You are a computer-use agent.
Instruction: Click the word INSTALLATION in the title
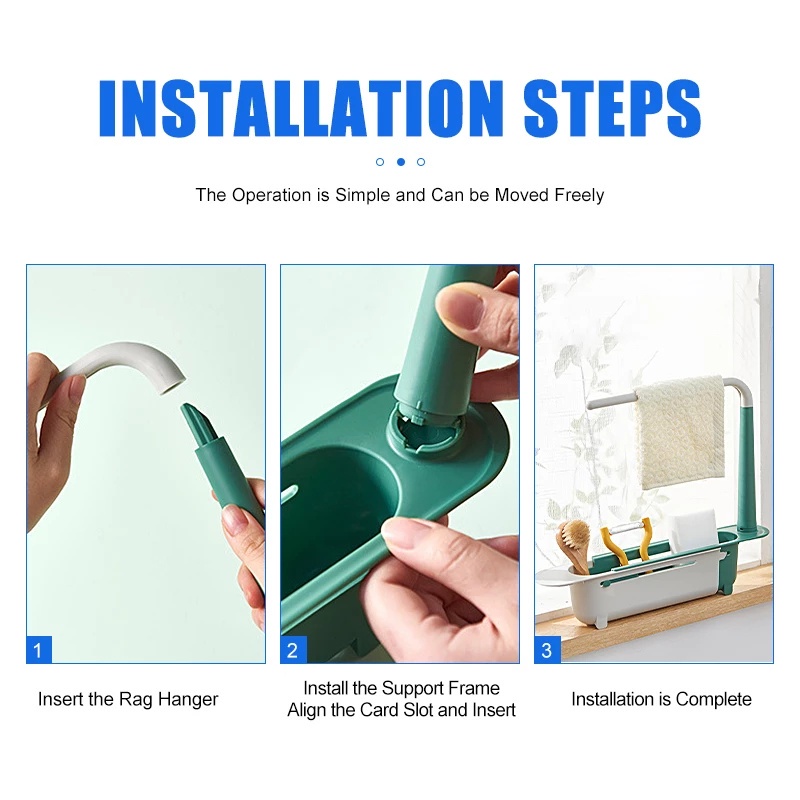[x=302, y=108]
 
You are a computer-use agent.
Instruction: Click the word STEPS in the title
[x=612, y=108]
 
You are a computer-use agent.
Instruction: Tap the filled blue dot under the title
[x=401, y=162]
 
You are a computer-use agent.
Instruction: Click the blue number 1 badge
[x=39, y=650]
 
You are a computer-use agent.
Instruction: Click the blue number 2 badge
[x=293, y=650]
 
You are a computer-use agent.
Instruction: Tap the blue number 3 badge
[x=547, y=650]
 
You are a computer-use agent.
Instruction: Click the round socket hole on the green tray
[x=425, y=431]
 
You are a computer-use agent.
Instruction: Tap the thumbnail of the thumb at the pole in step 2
[x=457, y=302]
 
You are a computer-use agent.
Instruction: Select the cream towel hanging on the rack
[x=680, y=432]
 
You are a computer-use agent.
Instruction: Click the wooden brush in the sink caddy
[x=574, y=544]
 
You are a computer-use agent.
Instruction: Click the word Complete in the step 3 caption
[x=713, y=699]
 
